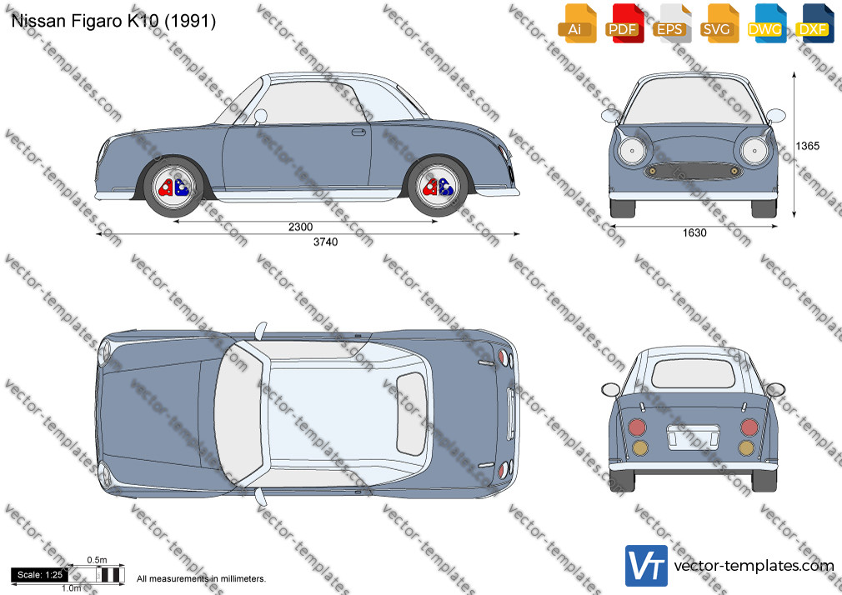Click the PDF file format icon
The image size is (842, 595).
(624, 23)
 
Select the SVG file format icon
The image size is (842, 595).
(719, 23)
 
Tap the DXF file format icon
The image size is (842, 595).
(814, 23)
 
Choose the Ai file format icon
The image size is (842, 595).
(577, 23)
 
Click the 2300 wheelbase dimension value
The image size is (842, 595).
(300, 227)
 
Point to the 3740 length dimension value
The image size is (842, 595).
(325, 242)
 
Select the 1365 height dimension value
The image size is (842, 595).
(808, 146)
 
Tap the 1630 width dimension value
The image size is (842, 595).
(694, 232)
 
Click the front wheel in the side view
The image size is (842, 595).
(173, 187)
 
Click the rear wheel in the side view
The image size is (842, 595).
(437, 187)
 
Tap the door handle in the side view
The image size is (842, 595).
(358, 132)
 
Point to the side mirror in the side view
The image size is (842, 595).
(260, 116)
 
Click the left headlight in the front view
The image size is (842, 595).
(632, 150)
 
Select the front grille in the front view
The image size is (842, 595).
(693, 172)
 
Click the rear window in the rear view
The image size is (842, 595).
(693, 373)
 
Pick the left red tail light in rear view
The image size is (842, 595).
(637, 427)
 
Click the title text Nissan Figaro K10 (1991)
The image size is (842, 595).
(113, 21)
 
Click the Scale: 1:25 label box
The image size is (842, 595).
(40, 575)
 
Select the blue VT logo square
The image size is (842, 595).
(646, 566)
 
